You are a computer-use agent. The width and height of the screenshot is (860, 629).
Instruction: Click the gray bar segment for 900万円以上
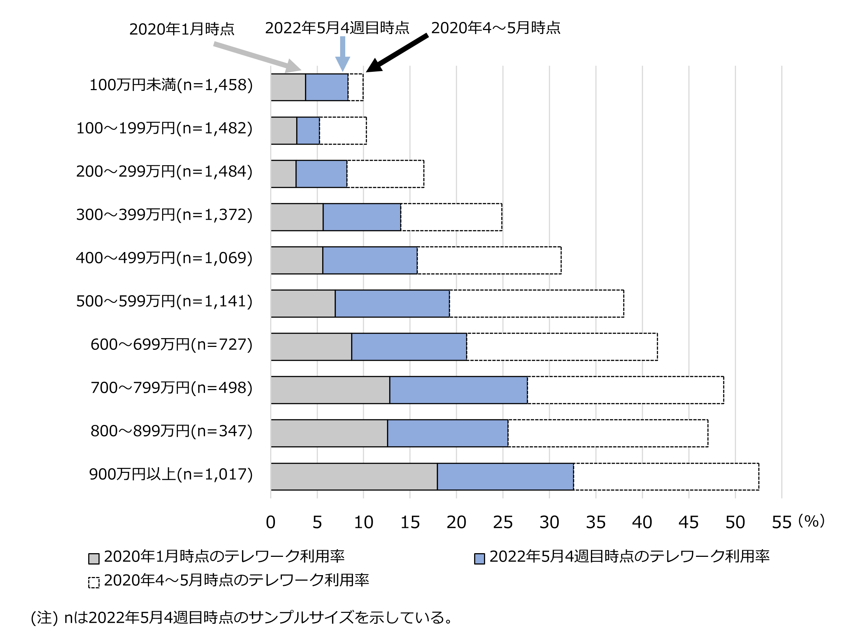coord(354,477)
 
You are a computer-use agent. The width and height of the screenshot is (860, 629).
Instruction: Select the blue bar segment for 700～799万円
coord(458,390)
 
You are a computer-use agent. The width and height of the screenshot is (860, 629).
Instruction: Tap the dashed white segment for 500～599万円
coord(537,303)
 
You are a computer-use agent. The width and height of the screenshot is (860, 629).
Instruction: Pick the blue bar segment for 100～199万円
coord(308,130)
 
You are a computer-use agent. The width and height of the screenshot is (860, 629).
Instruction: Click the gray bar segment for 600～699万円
coord(311,347)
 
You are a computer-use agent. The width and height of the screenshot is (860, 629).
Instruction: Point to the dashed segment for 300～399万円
coord(451,217)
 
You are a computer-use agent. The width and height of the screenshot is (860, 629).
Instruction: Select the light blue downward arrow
coord(342,53)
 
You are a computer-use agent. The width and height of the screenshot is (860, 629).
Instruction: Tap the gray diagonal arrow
coord(257,57)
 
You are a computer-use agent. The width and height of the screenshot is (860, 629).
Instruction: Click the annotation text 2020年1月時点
coord(182,29)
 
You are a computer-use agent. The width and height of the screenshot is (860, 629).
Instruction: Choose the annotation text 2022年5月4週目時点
coord(337,28)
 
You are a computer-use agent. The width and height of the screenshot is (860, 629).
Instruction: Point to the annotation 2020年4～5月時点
coord(495,28)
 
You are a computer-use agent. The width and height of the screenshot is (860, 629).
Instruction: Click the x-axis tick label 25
coord(503,522)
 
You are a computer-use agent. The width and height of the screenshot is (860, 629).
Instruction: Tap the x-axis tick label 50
coord(735,522)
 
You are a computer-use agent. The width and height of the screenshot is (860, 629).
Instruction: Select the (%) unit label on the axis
coord(811,521)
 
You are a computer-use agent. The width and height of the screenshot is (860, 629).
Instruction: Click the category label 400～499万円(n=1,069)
coord(164,258)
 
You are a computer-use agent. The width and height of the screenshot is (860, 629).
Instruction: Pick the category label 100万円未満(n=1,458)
coord(171,85)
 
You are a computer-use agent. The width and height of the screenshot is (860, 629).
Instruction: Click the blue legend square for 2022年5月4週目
coord(480,559)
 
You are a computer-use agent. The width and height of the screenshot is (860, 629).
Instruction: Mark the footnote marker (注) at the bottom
coord(44,618)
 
